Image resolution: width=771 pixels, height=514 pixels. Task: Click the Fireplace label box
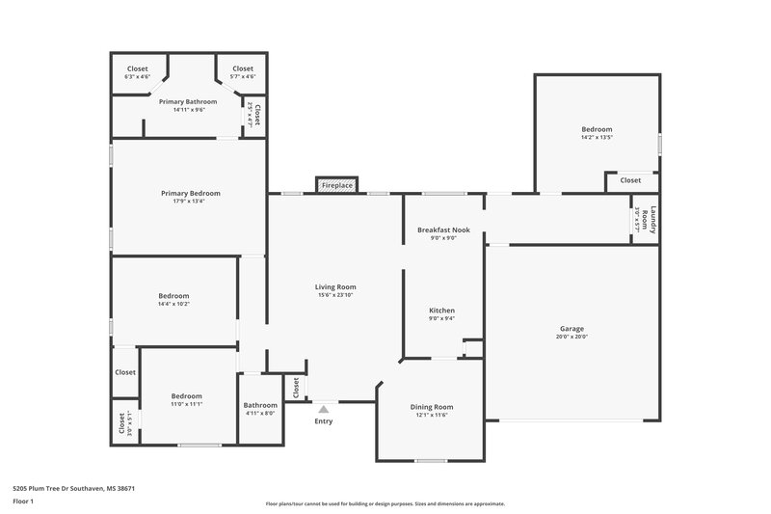(x=336, y=184)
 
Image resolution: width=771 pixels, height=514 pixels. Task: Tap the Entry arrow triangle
(x=324, y=409)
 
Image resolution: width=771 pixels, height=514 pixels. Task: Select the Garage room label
(x=572, y=328)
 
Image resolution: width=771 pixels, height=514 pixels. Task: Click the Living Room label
(x=335, y=286)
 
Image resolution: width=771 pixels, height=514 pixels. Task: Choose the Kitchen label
(x=441, y=311)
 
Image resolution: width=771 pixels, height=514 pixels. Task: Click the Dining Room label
(x=431, y=407)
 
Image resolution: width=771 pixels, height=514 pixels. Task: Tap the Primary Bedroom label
(x=190, y=193)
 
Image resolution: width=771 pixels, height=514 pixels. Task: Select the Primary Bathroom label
(x=188, y=101)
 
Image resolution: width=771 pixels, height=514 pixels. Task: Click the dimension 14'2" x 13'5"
(x=597, y=138)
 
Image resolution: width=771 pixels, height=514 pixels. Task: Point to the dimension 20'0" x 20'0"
(x=572, y=337)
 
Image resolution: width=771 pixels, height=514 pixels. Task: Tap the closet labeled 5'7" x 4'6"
(x=243, y=77)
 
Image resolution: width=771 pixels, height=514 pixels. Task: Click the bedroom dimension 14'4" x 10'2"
(x=173, y=305)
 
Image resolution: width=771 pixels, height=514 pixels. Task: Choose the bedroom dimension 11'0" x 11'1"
(x=187, y=405)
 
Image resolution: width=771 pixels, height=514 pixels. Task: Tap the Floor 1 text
(x=23, y=502)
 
